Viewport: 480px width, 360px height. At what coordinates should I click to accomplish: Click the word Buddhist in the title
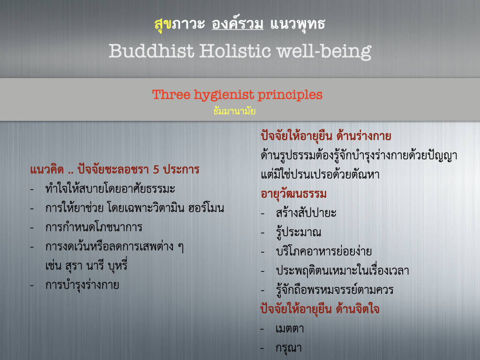151,51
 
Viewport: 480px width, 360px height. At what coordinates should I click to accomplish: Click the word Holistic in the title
235,51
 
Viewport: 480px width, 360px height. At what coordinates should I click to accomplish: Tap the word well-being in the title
324,52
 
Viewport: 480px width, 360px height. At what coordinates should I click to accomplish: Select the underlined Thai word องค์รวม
238,24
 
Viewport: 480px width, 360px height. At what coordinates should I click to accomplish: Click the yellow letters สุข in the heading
163,24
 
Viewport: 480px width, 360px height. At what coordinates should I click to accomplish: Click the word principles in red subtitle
290,95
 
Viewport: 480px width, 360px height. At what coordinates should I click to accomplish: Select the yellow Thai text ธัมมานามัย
234,111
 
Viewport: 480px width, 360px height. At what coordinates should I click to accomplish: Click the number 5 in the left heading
156,170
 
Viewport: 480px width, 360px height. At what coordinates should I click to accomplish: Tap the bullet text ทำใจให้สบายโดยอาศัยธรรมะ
110,188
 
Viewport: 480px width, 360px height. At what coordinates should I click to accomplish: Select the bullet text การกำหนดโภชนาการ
94,227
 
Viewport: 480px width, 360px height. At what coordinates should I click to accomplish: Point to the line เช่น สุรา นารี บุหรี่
86,266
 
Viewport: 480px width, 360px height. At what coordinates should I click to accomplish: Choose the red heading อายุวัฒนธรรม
293,194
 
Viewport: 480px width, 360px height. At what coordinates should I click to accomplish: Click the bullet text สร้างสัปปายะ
306,213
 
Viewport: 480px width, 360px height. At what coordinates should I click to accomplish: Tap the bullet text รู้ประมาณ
299,232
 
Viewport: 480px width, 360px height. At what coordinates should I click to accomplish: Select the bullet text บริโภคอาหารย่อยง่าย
324,251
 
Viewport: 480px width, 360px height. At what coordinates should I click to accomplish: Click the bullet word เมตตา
290,329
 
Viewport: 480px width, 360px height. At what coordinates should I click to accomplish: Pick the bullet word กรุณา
289,348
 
